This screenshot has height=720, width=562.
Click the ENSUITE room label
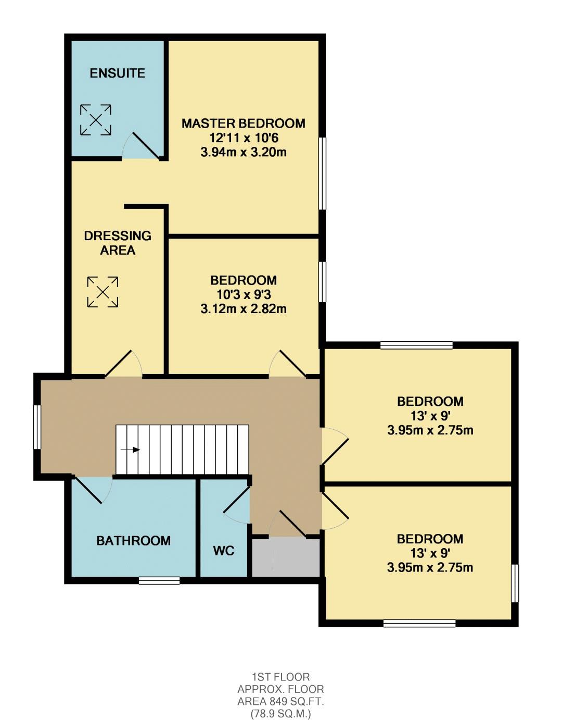(x=118, y=73)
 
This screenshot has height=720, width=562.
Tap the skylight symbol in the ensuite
(x=96, y=120)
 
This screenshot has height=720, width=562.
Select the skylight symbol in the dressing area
(x=103, y=292)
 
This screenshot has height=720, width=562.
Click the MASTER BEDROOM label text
(x=244, y=123)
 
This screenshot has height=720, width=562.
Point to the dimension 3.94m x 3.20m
(x=244, y=153)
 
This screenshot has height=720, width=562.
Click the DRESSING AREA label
(x=118, y=243)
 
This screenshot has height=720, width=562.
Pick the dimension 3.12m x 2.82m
(x=244, y=309)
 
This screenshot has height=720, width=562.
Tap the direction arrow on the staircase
(x=130, y=450)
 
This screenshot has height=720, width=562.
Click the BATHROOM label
(x=133, y=541)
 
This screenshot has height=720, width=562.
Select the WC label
(x=224, y=551)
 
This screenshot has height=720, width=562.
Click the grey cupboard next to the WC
(x=286, y=556)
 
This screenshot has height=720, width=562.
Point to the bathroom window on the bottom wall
(x=159, y=580)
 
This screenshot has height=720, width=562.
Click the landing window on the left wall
(x=37, y=427)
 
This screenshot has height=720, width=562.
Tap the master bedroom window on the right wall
(x=322, y=173)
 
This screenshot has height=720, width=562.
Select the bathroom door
(x=92, y=490)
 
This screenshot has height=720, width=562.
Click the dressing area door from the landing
(x=123, y=364)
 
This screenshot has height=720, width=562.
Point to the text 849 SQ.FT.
(x=296, y=701)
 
